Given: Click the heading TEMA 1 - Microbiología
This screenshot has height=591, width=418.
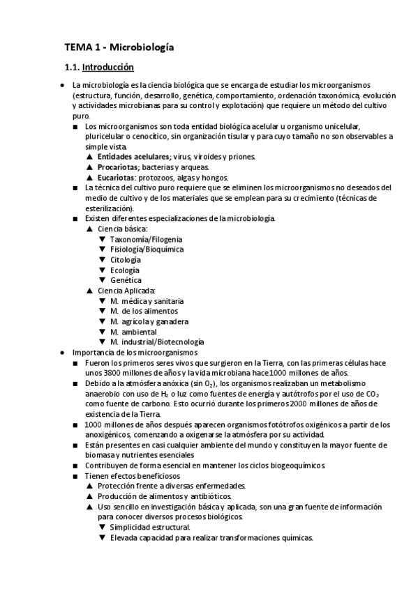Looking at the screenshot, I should pos(119,47).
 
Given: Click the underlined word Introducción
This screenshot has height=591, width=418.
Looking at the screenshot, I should pos(108,68).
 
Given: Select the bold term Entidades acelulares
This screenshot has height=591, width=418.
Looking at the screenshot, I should pos(133,157).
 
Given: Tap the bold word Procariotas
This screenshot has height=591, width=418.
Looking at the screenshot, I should pos(117,167).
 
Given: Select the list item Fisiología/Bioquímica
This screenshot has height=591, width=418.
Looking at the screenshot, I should pos(147,249).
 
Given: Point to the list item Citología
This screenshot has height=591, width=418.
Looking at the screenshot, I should pos(126,259).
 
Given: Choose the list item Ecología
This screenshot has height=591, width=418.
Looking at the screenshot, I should pos(125,270).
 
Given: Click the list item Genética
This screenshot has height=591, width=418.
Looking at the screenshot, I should pos(126,280).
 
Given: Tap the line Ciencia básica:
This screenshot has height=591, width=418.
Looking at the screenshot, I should pos(123,229).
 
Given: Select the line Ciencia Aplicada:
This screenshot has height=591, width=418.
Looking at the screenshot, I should pos(127,291).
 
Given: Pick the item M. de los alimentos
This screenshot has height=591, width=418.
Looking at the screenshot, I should pos(144,311).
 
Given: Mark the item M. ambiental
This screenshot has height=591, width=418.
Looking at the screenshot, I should pos(133,332).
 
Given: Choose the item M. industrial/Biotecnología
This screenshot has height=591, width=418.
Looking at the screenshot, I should pos(157,342).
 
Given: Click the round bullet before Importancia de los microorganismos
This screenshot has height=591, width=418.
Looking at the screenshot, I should pos(62,353).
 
